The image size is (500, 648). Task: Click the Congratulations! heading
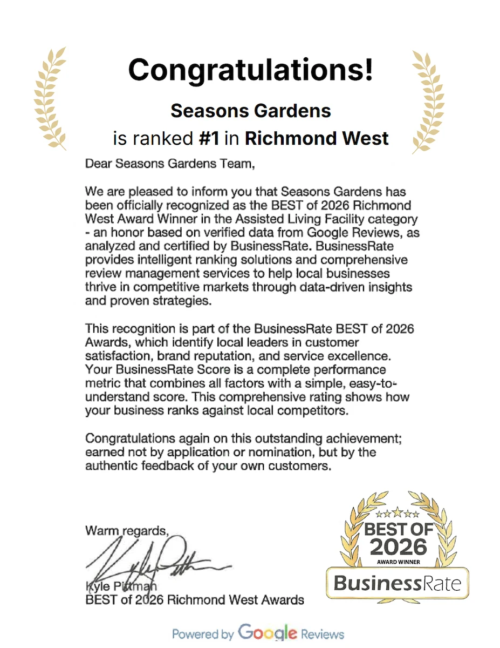250,70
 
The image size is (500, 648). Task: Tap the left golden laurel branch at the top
50,98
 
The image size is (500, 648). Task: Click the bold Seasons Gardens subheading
250,111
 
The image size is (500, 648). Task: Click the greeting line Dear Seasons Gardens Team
169,164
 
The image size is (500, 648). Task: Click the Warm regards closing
127,531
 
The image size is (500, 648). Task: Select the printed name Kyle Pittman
115,588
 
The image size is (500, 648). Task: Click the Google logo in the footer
268,633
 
